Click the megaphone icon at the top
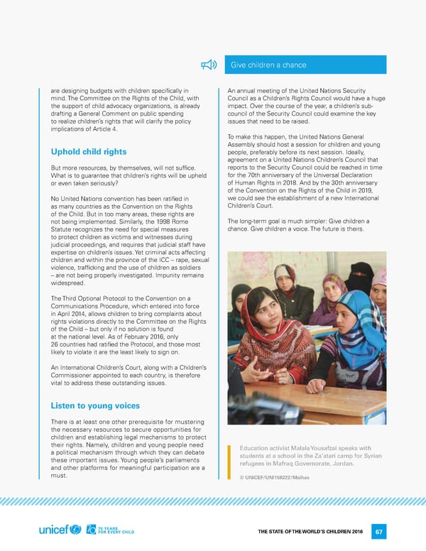pos(208,65)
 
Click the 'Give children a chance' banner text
pos(269,65)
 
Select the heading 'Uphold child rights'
pos(89,151)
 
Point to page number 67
pos(380,531)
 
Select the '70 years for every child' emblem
pos(106,530)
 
